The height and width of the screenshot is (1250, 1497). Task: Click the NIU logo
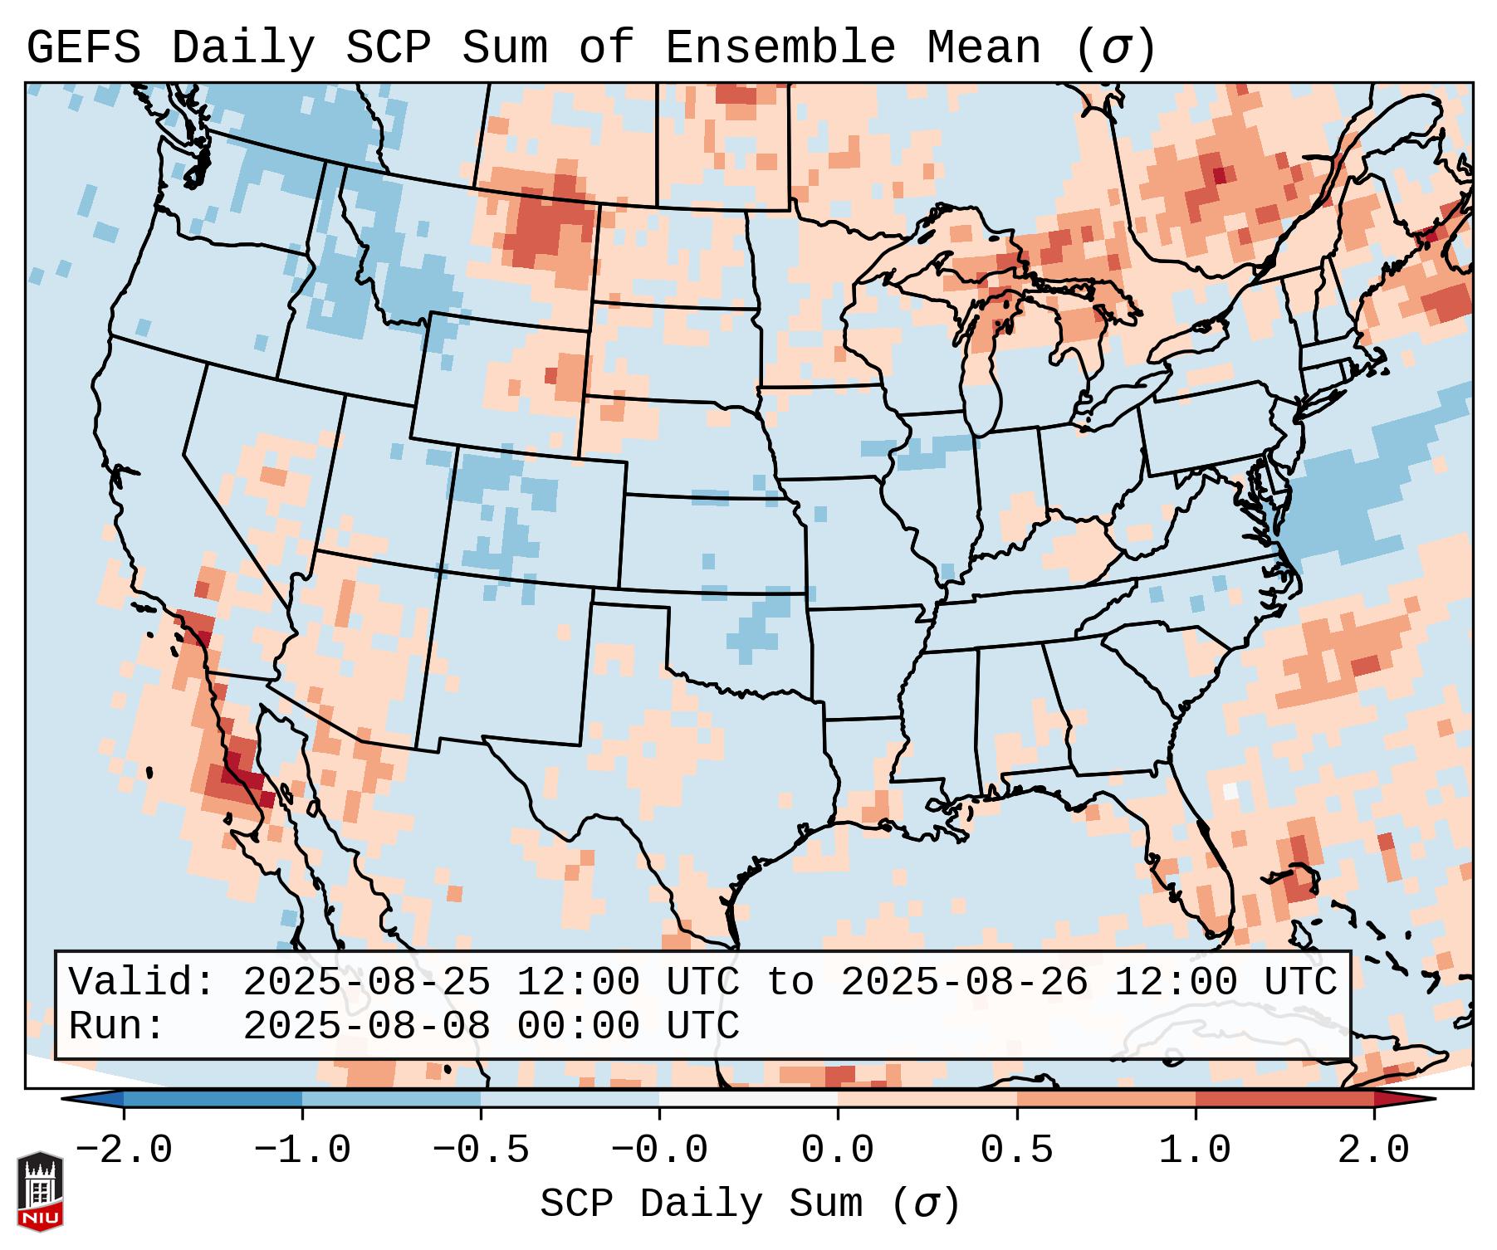[x=40, y=1190]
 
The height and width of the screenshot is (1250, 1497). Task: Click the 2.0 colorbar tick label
[x=1374, y=1150]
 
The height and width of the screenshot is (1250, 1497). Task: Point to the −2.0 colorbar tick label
[x=124, y=1150]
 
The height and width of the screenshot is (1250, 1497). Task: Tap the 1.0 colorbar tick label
[x=1195, y=1150]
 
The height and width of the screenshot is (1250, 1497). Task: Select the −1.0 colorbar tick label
[x=302, y=1150]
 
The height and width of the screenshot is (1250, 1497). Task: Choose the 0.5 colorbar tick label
[x=1016, y=1150]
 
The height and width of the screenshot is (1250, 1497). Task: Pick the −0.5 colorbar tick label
[x=481, y=1150]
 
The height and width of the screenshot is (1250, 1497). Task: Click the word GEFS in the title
[x=83, y=47]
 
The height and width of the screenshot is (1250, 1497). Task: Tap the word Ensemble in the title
[x=780, y=47]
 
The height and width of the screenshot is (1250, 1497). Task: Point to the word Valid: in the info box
[x=142, y=983]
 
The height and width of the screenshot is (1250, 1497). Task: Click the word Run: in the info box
[x=117, y=1027]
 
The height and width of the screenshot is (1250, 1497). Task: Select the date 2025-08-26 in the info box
[x=964, y=983]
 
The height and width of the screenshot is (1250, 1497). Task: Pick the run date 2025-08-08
[x=366, y=1027]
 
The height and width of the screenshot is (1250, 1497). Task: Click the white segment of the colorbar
[x=748, y=1099]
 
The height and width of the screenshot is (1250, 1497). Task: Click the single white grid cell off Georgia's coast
[x=1230, y=792]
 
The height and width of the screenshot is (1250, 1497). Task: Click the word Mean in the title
[x=984, y=47]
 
